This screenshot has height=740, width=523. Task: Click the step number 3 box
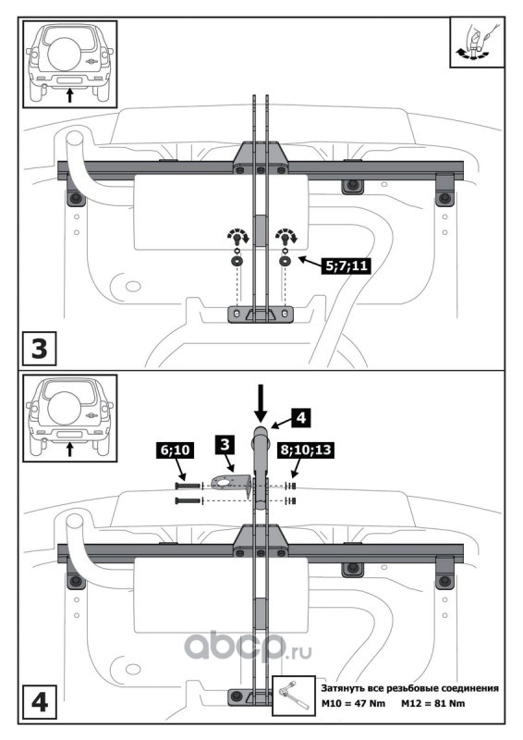tap(39, 349)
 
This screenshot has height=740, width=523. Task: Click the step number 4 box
tap(39, 703)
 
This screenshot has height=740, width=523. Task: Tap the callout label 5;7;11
tap(346, 265)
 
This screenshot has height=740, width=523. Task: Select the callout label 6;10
tap(175, 450)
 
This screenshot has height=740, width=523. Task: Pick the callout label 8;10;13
tap(306, 450)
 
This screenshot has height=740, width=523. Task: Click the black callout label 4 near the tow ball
tap(301, 418)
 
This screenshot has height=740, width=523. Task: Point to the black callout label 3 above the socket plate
tap(225, 445)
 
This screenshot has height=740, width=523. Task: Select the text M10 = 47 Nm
tap(353, 704)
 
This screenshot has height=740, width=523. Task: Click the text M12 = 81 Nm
tap(432, 704)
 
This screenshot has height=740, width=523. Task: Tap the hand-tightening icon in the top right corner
tap(477, 43)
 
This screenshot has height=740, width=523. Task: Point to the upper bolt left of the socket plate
tap(188, 485)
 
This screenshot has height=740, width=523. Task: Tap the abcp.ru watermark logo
tap(248, 645)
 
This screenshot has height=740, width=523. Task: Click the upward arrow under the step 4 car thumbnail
tap(70, 449)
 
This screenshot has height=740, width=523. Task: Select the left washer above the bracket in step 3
tap(236, 261)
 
